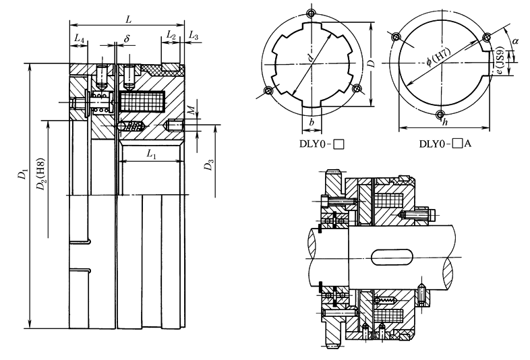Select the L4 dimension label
(79, 40)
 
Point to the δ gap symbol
(126, 39)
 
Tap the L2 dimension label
(171, 35)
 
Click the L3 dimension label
(194, 35)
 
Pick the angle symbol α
(516, 42)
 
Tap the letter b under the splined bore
(311, 122)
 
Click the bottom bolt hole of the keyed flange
(440, 113)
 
